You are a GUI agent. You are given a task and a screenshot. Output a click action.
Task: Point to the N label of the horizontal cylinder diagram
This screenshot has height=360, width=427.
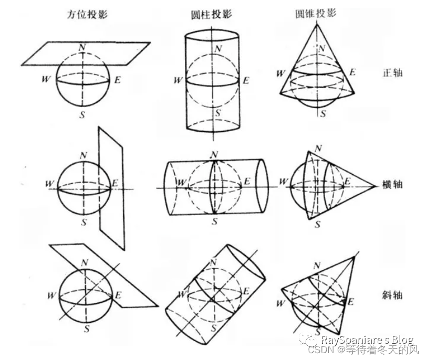214,154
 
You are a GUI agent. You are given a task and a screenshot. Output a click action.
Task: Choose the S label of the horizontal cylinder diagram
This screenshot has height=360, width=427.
214,221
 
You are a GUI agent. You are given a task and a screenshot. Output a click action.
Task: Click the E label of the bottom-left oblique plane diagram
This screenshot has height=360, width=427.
118,295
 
